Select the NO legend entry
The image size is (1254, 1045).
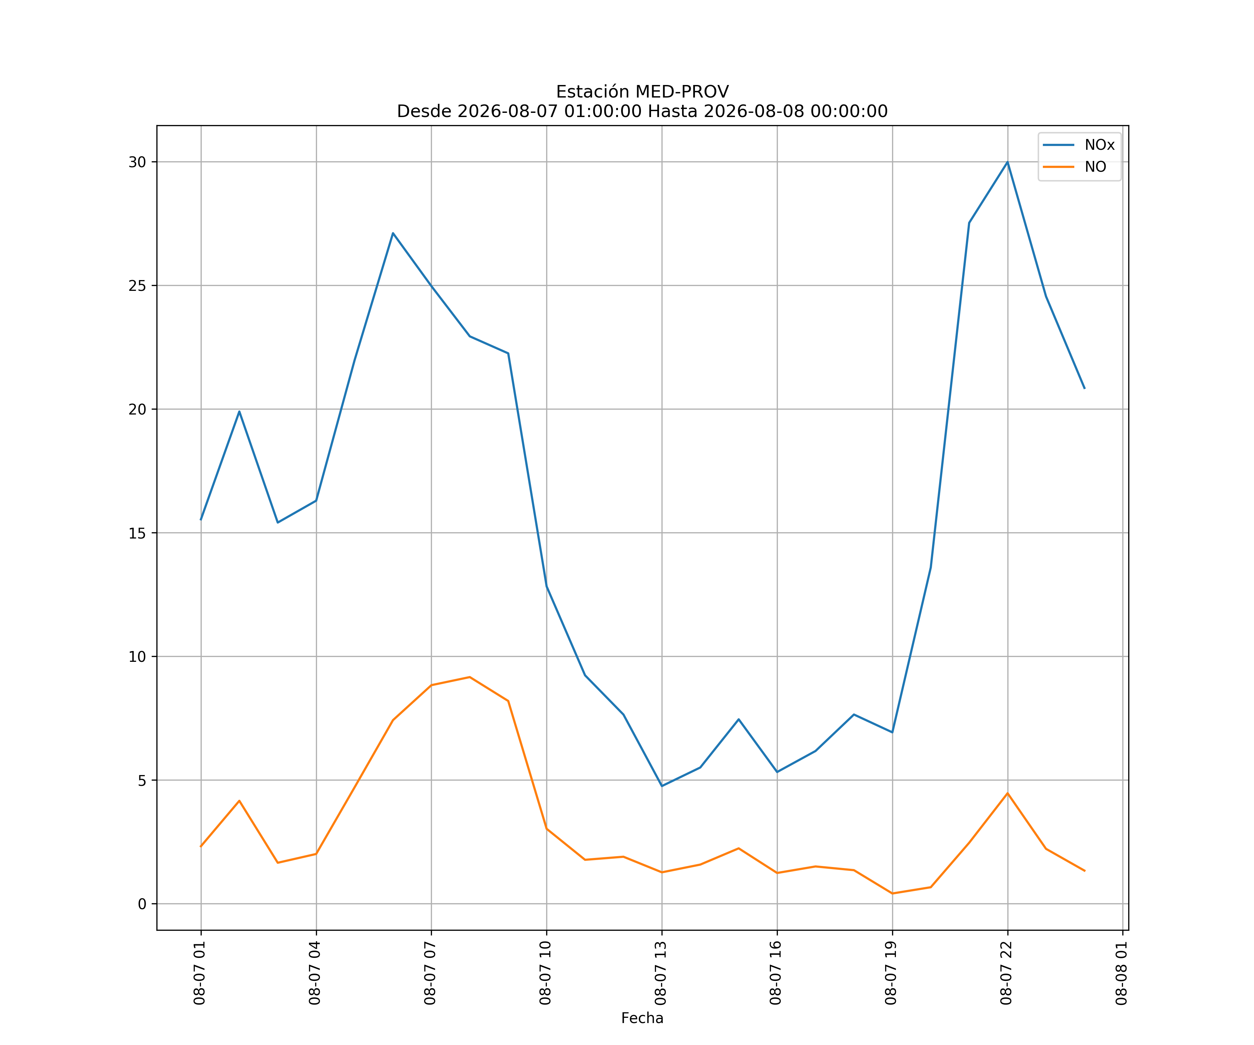pyautogui.click(x=1075, y=167)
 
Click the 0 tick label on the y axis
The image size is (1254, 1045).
pyautogui.click(x=142, y=904)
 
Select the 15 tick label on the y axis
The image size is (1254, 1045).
pyautogui.click(x=137, y=533)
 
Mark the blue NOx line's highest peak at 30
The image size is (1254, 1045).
pyautogui.click(x=1007, y=162)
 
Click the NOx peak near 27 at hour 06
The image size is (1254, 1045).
pyautogui.click(x=393, y=233)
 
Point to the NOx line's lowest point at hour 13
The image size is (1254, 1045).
pyautogui.click(x=661, y=786)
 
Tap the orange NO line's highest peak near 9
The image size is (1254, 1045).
pyautogui.click(x=470, y=677)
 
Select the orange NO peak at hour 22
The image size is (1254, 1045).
pyautogui.click(x=1007, y=793)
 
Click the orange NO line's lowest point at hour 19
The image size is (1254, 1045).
pyautogui.click(x=892, y=893)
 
